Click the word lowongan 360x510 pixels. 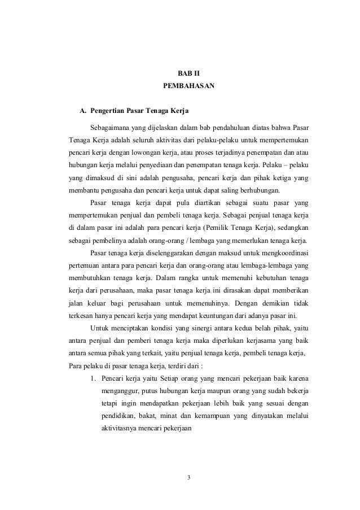(154, 152)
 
